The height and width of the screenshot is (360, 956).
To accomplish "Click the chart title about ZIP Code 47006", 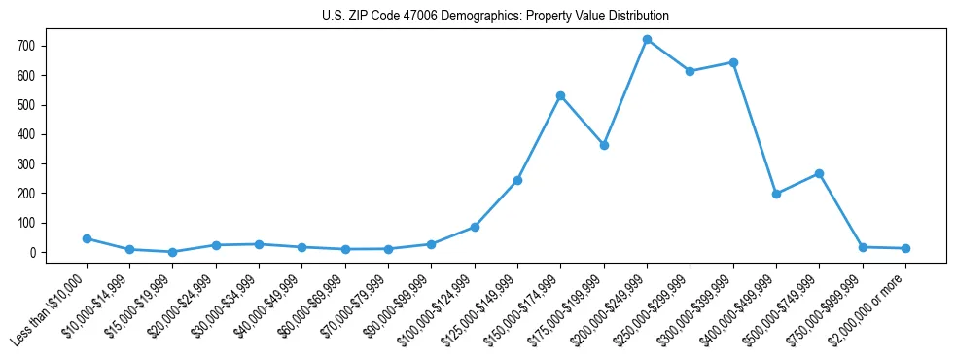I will click(x=495, y=17).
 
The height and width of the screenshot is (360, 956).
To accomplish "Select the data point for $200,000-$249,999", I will click(x=647, y=40).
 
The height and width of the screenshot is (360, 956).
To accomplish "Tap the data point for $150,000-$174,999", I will click(x=560, y=95).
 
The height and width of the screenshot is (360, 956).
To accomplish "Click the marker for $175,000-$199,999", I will click(x=604, y=145).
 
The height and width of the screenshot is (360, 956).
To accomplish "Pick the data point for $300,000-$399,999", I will click(x=733, y=62).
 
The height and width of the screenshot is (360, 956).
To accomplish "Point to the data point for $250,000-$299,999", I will click(x=690, y=71).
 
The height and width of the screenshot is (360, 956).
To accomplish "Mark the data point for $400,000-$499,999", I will click(x=776, y=194).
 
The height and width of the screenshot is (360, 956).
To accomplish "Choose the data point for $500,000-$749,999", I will click(x=819, y=173).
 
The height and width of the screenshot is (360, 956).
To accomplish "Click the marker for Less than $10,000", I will click(x=87, y=238).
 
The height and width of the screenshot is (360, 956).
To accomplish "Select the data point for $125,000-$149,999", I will click(x=517, y=180).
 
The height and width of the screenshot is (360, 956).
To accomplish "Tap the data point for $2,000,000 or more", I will click(x=905, y=248).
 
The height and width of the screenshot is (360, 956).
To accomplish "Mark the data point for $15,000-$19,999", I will click(x=172, y=252).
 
